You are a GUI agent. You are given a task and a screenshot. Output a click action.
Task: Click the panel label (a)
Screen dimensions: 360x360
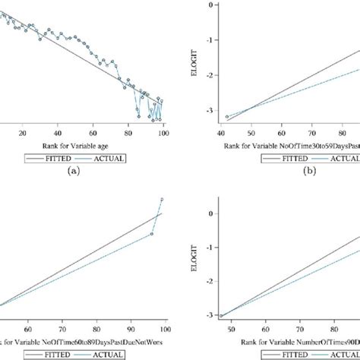click(x=73, y=172)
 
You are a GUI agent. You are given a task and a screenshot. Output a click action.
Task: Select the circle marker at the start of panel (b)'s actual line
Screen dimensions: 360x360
click(x=227, y=117)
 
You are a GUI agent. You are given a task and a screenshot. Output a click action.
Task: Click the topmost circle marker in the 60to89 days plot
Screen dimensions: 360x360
click(x=162, y=200)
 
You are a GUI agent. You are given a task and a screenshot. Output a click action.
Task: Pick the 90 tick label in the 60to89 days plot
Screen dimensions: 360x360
click(x=132, y=330)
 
